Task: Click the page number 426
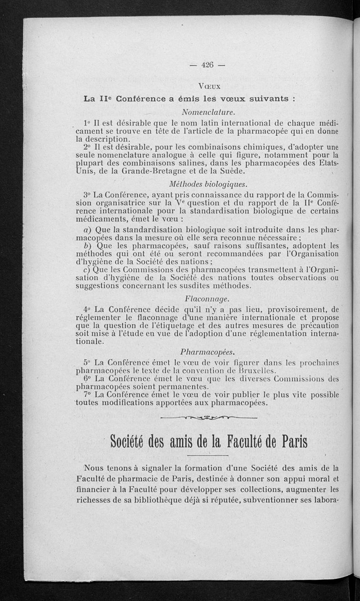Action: click(x=207, y=65)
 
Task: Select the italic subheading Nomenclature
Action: click(x=208, y=111)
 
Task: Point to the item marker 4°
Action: click(x=87, y=309)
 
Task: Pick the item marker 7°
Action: click(x=88, y=395)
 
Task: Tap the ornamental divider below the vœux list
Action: click(x=208, y=418)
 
